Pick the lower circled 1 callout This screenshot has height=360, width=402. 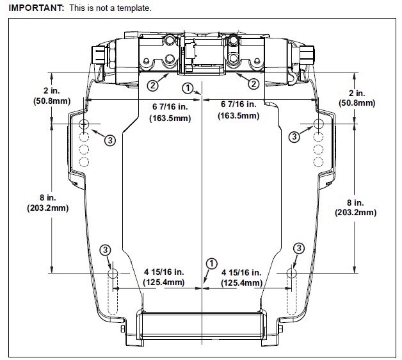pos(210,263)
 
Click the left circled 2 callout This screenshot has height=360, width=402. pos(152,84)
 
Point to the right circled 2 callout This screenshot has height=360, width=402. pos(253,84)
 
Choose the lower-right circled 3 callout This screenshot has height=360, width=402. pos(298,249)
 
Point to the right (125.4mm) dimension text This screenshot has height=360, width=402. pos(241,282)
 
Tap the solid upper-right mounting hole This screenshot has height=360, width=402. pos(318,124)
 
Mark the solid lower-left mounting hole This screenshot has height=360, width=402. pos(113,274)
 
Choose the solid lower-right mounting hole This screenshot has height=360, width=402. pos(291,274)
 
